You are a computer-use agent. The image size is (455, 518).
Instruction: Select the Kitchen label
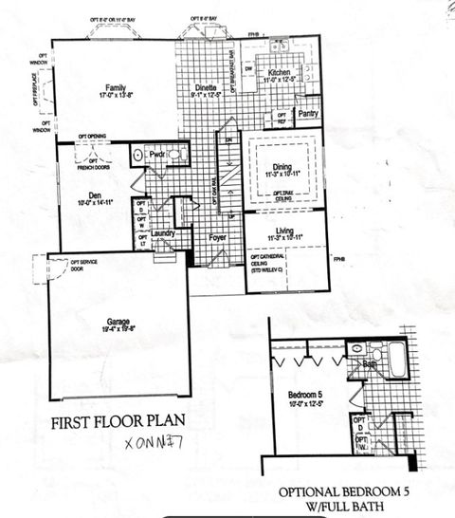[x=278, y=72]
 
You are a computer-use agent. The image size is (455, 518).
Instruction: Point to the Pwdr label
[x=157, y=154]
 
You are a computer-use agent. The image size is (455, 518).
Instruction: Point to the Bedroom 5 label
[x=307, y=393]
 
